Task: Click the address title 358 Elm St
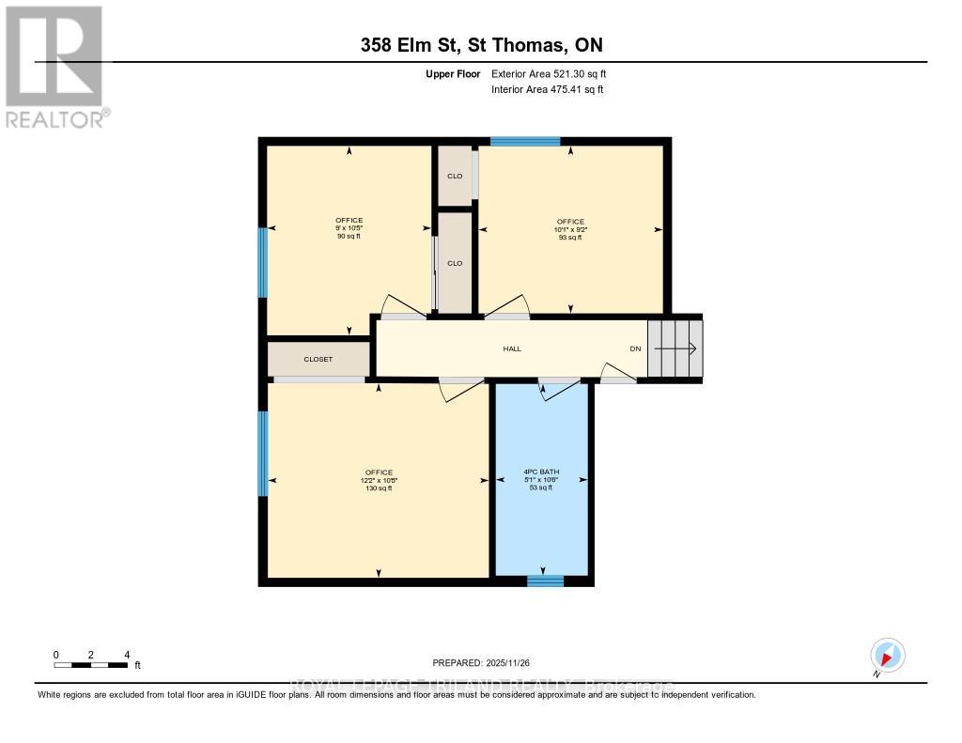point(481,45)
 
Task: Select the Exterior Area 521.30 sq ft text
point(555,73)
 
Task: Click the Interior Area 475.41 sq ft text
point(547,89)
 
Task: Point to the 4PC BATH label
point(541,472)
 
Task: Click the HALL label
point(512,348)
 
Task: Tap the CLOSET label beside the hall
point(318,359)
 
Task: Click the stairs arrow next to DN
point(675,348)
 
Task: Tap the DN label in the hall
point(635,348)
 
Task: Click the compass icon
point(887,655)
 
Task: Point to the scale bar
point(91,665)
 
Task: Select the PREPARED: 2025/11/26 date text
point(481,663)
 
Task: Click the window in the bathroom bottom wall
point(545,580)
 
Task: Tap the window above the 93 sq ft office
point(525,142)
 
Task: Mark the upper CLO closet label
point(455,177)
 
